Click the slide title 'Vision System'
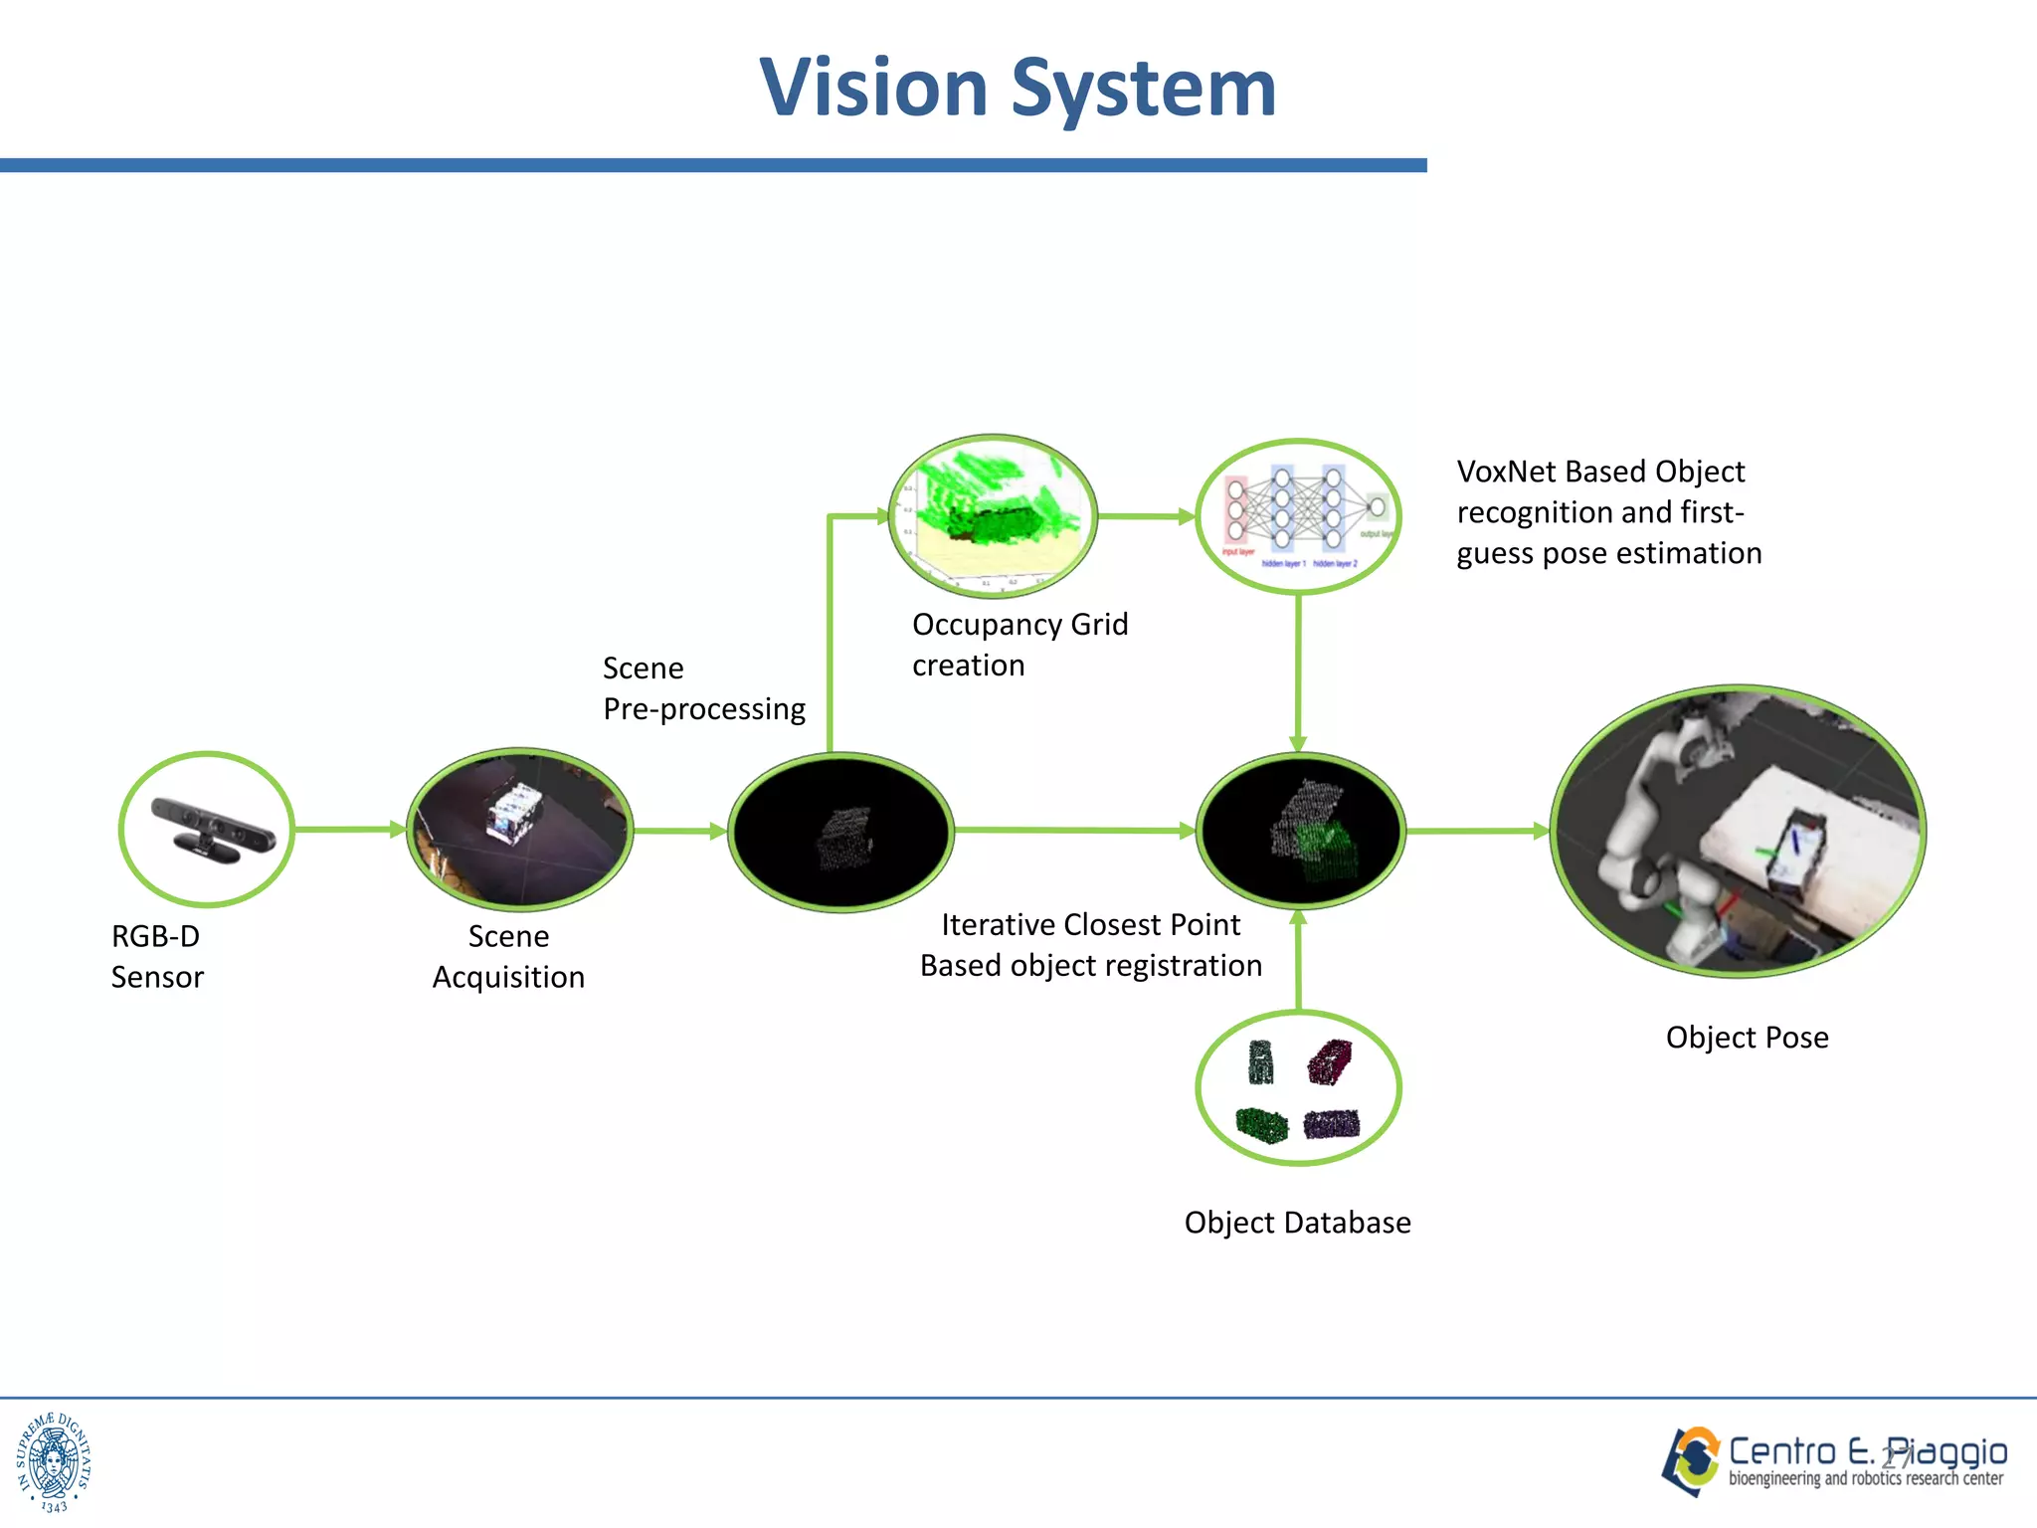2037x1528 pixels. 1018,88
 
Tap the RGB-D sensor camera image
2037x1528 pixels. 212,826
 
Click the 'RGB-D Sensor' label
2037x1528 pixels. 157,956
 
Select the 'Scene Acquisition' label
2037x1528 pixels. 508,956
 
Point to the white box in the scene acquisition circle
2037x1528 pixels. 513,811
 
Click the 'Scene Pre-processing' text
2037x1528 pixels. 703,688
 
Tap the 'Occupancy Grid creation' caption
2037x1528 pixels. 1019,644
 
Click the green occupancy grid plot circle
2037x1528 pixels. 992,515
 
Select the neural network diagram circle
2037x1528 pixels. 1298,516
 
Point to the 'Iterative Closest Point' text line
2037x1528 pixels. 1090,924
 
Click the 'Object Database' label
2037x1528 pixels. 1297,1222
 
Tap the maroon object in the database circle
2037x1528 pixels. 1329,1061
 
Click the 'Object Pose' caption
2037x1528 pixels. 1747,1037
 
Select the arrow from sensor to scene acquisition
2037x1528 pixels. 348,829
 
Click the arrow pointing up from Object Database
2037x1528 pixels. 1298,960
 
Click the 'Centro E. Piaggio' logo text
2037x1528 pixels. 1867,1452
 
